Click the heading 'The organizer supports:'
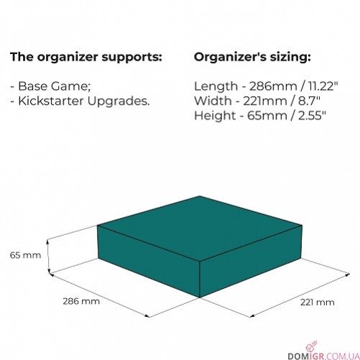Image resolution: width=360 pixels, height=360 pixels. (x=86, y=57)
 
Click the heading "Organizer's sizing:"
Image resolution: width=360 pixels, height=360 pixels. (x=252, y=57)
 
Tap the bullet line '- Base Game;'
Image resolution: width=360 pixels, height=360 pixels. (x=50, y=86)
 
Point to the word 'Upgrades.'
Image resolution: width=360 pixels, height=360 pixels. (x=118, y=102)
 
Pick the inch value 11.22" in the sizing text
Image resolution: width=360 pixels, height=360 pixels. (x=323, y=86)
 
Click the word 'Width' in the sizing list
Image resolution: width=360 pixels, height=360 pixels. (x=213, y=101)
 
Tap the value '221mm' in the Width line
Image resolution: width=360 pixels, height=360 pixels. (x=265, y=101)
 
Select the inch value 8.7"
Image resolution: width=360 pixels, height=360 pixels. (x=309, y=101)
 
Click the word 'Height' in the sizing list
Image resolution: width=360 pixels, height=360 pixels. (x=215, y=116)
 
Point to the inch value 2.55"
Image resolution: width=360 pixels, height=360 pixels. (x=312, y=116)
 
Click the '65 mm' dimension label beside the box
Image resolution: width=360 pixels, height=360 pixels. (x=25, y=255)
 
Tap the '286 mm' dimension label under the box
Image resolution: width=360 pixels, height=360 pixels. (x=81, y=301)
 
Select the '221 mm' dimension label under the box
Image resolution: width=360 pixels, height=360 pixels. (x=318, y=303)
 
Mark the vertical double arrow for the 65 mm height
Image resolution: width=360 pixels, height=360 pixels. (x=48, y=257)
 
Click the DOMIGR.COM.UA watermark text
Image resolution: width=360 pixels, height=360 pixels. (x=323, y=356)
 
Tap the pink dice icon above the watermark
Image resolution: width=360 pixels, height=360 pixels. (x=311, y=346)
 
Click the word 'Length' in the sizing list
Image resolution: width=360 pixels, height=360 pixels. (x=216, y=86)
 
